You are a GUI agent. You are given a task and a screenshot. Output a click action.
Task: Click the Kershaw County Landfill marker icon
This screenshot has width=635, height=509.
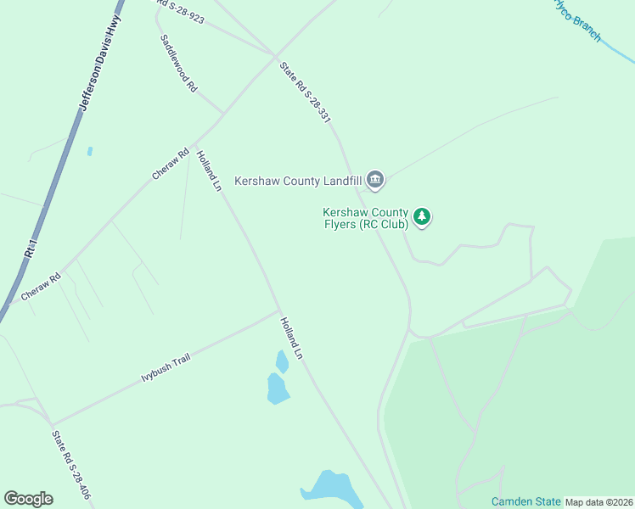[x=376, y=180]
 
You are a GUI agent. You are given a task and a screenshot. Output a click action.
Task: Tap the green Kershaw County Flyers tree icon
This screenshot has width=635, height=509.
[x=422, y=218]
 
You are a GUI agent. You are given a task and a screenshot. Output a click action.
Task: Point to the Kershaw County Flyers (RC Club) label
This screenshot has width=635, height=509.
[x=365, y=218]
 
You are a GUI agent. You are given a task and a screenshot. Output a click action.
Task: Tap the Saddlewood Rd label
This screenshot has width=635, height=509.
[x=179, y=64]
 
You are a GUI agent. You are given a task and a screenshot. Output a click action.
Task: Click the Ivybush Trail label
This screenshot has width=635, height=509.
[x=166, y=370]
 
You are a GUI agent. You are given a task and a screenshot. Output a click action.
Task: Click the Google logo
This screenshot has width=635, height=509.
[x=28, y=499]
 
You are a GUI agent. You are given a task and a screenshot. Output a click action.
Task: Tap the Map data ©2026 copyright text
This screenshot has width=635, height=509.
[x=598, y=502]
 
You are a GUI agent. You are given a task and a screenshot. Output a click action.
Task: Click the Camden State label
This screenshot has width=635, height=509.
[x=525, y=501]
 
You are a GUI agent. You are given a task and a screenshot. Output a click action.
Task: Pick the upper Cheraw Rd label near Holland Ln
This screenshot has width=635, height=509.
[x=170, y=165]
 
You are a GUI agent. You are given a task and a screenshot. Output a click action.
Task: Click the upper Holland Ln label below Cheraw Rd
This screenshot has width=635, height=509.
[x=209, y=171]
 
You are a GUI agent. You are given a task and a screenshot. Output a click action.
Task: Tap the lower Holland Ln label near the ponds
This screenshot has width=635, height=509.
[x=291, y=338]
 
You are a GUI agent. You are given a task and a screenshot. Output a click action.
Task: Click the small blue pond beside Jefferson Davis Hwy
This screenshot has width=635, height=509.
[x=90, y=152]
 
